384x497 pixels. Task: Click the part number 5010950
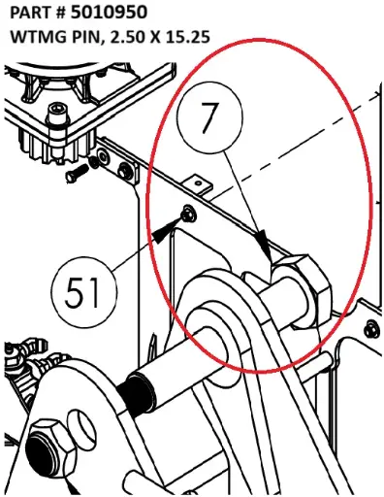[x=109, y=13]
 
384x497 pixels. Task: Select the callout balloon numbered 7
[x=210, y=118]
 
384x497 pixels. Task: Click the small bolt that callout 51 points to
[x=188, y=215]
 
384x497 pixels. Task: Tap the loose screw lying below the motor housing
[x=78, y=173]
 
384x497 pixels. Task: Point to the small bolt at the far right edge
[x=370, y=330]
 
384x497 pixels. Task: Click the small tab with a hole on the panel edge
[x=198, y=184]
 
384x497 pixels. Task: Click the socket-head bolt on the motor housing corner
[x=57, y=114]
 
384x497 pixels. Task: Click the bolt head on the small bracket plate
[x=125, y=169]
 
